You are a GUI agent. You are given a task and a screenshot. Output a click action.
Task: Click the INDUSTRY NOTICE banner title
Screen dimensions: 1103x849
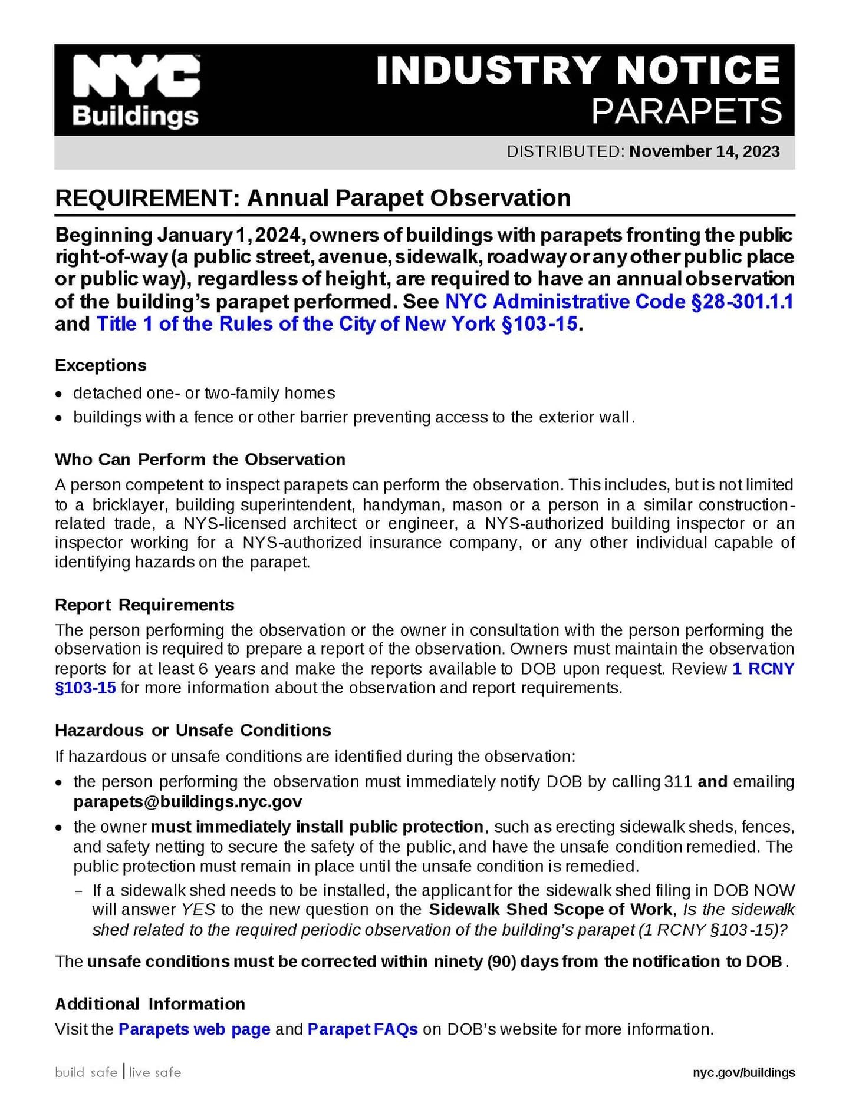click(578, 70)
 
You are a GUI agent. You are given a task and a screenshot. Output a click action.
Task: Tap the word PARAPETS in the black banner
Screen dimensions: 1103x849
click(687, 111)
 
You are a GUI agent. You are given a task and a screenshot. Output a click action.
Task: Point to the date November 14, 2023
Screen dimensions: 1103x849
click(704, 151)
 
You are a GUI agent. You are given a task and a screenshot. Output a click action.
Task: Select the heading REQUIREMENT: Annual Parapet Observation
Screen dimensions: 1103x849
click(312, 198)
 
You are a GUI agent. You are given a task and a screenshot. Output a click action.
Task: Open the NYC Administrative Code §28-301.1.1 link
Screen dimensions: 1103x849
click(618, 302)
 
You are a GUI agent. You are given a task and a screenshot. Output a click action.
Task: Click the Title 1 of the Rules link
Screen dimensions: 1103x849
click(337, 324)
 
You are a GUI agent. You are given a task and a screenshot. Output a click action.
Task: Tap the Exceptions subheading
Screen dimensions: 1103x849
click(101, 365)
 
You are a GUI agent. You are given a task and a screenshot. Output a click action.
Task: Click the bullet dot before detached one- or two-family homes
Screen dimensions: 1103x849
click(58, 394)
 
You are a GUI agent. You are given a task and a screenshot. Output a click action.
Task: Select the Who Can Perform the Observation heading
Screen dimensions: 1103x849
click(200, 460)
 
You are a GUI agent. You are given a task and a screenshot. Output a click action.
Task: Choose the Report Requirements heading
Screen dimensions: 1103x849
click(144, 605)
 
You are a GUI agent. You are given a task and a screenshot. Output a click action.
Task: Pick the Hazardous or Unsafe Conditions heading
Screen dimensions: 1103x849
click(193, 731)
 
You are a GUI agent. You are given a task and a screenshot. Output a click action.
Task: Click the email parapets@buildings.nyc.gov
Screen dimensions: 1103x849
click(187, 802)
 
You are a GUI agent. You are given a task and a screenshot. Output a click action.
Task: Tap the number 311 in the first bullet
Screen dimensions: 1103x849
click(677, 782)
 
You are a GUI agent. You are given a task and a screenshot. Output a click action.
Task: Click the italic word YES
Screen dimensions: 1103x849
click(198, 910)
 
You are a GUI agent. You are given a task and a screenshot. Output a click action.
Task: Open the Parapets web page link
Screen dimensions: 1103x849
click(194, 1029)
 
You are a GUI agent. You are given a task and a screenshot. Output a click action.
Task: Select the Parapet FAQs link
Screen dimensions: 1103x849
click(363, 1029)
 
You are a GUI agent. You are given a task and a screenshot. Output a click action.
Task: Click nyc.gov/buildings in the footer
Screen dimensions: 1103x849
click(743, 1073)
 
